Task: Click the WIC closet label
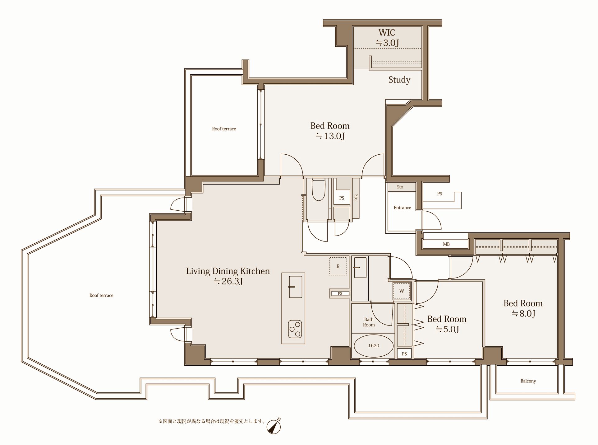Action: (387, 33)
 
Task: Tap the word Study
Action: (399, 80)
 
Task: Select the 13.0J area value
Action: (330, 136)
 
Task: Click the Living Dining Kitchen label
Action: (228, 271)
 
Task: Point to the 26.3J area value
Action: (228, 281)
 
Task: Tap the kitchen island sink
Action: (295, 287)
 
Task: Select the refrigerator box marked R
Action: (338, 266)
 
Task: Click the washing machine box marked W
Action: (402, 291)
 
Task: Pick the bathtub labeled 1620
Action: (374, 346)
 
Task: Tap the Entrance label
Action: (402, 208)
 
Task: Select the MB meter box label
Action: (446, 244)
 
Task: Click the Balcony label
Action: (528, 381)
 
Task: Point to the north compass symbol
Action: (274, 426)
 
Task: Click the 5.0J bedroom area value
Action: (447, 329)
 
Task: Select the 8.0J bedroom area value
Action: (524, 313)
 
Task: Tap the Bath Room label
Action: (369, 322)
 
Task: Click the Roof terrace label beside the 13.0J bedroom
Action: (224, 129)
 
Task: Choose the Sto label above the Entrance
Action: (400, 187)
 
